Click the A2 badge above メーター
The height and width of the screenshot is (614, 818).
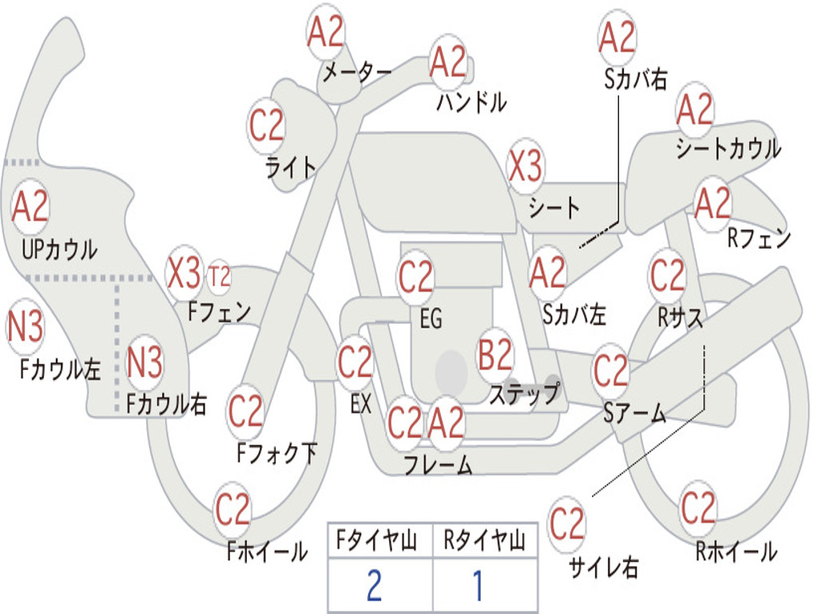pos(326,33)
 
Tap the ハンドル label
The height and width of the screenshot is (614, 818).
pos(471,102)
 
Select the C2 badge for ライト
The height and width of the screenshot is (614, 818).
pos(267,125)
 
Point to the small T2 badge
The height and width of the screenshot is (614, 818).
pos(219,277)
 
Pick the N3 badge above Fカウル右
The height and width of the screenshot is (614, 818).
pos(145,362)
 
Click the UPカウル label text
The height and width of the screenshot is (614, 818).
pos(61,249)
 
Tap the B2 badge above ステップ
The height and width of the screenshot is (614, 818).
pos(495,356)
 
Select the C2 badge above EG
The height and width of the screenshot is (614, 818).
pos(415,278)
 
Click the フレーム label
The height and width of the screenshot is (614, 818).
pos(437,464)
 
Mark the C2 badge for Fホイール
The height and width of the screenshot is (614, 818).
pos(233,509)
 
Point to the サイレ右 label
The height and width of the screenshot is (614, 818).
pos(603,568)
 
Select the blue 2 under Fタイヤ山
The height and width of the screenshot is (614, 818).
pos(374,586)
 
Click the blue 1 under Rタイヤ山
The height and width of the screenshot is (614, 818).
pos(478,586)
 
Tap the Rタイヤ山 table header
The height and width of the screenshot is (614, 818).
pos(484,542)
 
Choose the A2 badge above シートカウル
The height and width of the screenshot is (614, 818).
pos(694,110)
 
